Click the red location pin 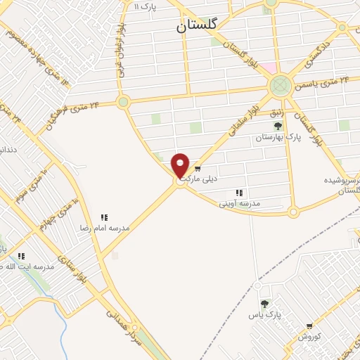coord(181,165)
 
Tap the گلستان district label coord(200,26)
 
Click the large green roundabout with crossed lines coord(281,86)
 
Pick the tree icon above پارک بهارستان coord(278,126)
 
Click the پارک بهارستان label coord(279,138)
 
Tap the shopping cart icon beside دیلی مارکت coord(198,168)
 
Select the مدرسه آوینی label coord(240,203)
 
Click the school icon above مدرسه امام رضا coord(105,217)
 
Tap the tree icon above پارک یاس coord(264,304)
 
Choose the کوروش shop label coord(309,337)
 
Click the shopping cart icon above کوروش coord(309,326)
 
